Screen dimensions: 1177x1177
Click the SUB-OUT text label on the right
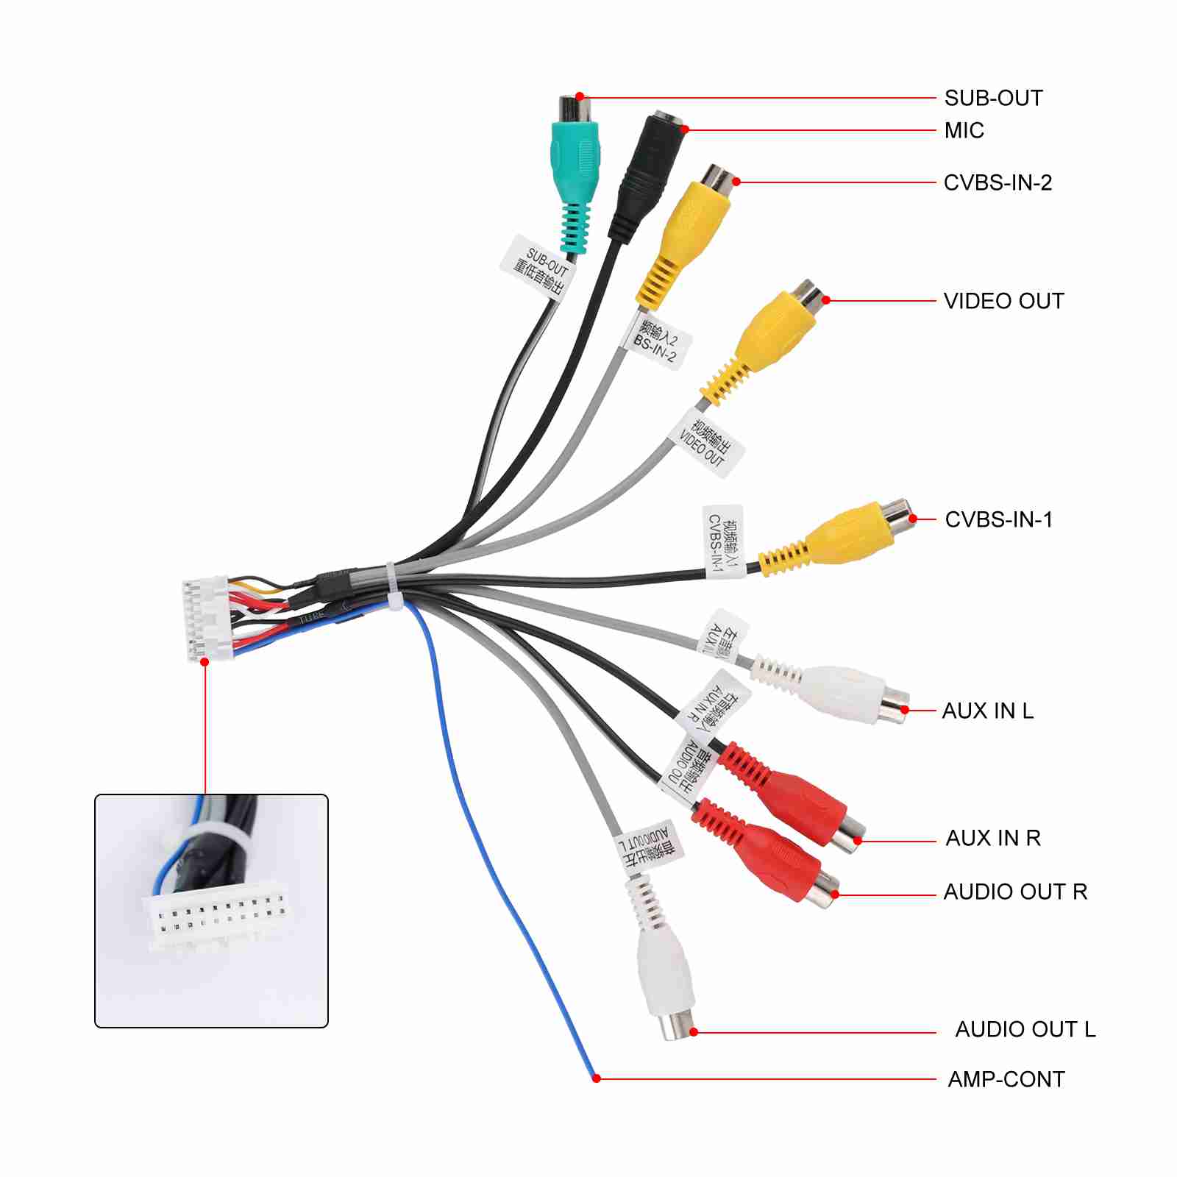click(x=993, y=98)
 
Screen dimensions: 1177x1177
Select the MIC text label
click(x=964, y=130)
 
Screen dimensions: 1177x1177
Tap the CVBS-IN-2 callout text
click(x=998, y=182)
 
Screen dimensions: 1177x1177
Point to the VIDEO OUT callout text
click(x=1003, y=301)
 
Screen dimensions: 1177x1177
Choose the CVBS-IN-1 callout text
click(x=998, y=519)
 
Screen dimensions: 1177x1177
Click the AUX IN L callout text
click(x=987, y=711)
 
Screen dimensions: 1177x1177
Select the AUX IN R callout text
click(x=993, y=838)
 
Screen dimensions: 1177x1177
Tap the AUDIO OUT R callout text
click(x=1015, y=892)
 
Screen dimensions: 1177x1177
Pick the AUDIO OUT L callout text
click(x=1025, y=1029)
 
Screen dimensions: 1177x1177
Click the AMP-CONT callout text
click(x=1006, y=1079)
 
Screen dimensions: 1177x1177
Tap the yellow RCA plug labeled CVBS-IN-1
click(x=846, y=533)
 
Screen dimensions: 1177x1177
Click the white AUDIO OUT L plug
click(x=666, y=971)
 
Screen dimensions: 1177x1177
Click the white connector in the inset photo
click(x=217, y=920)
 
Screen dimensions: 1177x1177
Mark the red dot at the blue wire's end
click(x=597, y=1078)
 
